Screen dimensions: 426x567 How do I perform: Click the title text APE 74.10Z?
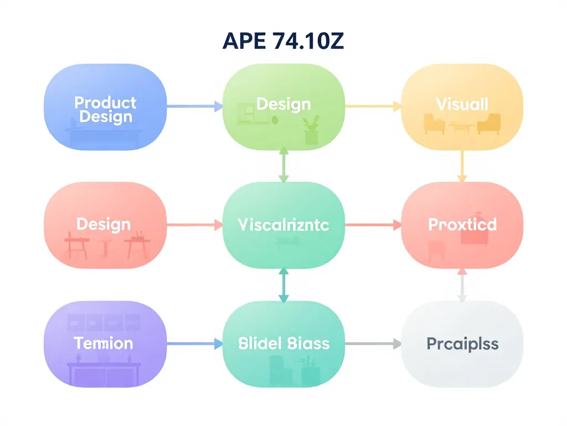283,42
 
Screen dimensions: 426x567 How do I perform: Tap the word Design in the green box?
283,104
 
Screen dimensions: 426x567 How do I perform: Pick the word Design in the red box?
104,224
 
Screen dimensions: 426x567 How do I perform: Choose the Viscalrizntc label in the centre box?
283,225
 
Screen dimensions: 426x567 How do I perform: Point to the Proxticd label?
462,224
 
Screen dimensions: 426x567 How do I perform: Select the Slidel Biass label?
283,343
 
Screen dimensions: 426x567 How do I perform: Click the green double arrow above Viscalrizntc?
283,164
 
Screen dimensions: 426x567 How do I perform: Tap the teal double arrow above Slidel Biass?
283,285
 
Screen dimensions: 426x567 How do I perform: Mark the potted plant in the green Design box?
311,130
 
